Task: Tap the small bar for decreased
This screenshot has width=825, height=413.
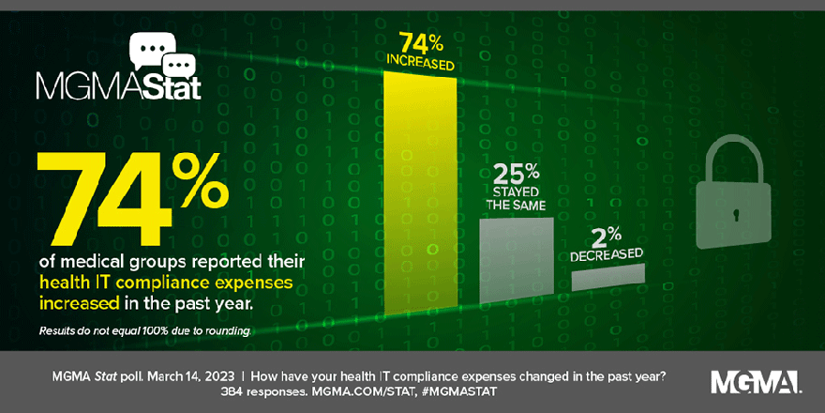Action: (x=608, y=276)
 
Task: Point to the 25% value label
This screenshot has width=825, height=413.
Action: (x=517, y=172)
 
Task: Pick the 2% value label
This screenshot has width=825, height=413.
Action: (x=609, y=234)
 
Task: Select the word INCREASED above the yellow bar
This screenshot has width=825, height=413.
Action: (x=421, y=65)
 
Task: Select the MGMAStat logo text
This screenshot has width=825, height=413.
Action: (x=118, y=88)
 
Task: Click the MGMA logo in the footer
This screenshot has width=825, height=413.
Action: (x=755, y=381)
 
